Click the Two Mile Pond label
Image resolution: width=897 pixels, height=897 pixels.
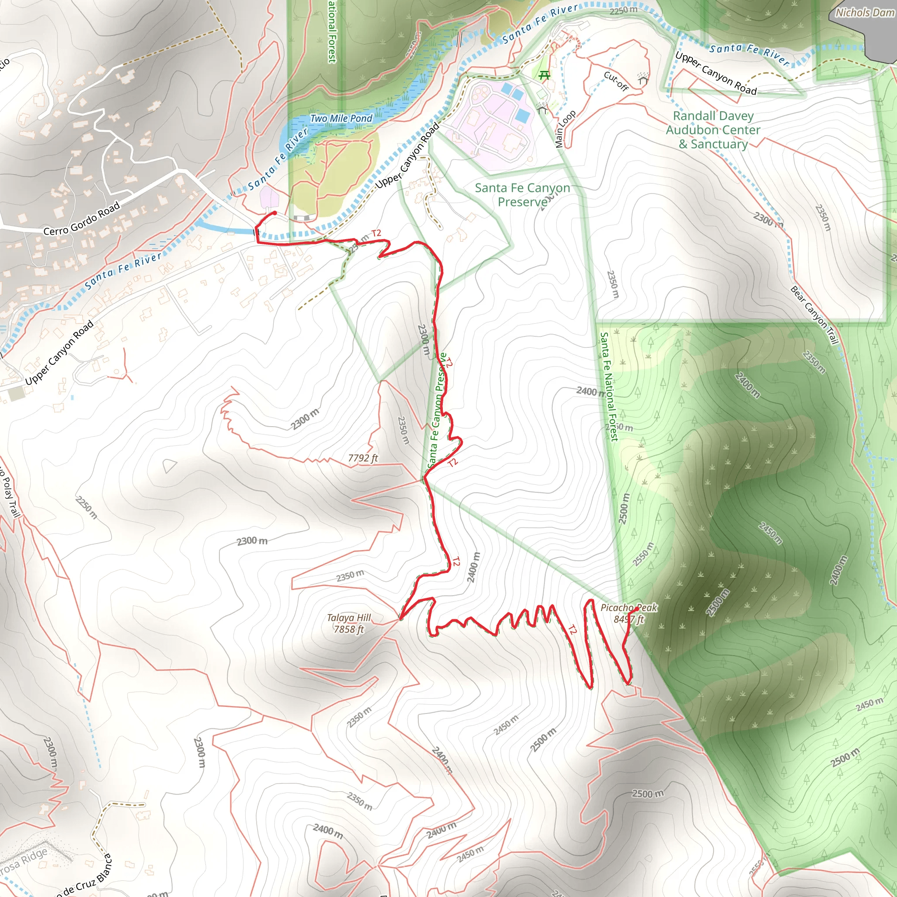coord(341,118)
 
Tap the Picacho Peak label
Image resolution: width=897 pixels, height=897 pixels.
coord(629,608)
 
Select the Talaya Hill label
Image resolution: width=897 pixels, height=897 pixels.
coord(349,618)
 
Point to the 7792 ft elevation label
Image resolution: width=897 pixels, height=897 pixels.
coord(363,458)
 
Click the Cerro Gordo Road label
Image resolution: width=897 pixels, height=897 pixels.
coord(82,218)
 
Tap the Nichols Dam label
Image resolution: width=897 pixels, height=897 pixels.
coord(865,13)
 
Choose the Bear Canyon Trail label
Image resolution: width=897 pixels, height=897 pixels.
coord(814,315)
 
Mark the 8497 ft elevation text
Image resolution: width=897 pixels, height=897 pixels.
coord(629,619)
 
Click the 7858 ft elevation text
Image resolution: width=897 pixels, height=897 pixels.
coord(349,629)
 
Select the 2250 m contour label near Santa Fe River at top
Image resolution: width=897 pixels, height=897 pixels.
coord(624,10)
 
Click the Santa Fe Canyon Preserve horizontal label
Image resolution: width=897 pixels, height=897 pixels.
coord(523,194)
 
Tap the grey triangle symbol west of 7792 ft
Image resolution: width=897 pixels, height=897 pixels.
coord(170,465)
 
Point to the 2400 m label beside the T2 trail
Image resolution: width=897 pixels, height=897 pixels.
coord(473,567)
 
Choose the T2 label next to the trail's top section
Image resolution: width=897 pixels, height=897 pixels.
coord(376,233)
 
